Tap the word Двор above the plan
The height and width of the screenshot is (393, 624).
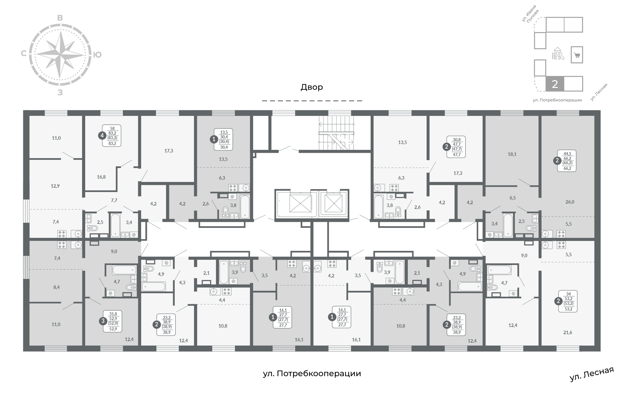[312, 87]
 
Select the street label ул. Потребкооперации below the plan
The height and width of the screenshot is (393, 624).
[312, 373]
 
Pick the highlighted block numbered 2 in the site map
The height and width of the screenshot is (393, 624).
[555, 84]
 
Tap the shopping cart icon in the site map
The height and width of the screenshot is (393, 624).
[577, 55]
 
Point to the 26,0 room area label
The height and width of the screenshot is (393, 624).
[570, 202]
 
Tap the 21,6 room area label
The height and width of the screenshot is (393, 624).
[568, 333]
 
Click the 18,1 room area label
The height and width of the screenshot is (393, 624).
[512, 154]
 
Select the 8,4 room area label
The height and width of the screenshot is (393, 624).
[56, 287]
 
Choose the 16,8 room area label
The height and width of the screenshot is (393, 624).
[101, 177]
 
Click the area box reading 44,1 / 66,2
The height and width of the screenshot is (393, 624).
[568, 161]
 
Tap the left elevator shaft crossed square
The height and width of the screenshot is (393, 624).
[300, 203]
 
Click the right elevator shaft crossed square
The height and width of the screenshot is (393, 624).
[333, 203]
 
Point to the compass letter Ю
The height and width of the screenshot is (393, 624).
[97, 55]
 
